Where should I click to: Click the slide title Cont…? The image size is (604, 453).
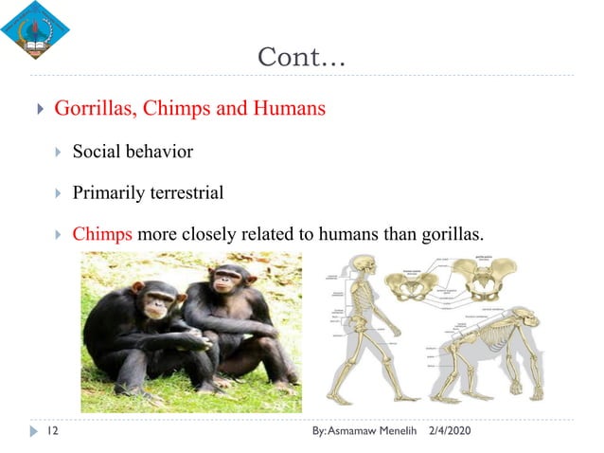pyautogui.click(x=302, y=57)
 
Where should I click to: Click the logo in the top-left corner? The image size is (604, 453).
pyautogui.click(x=35, y=29)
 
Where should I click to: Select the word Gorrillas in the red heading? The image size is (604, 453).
pyautogui.click(x=95, y=108)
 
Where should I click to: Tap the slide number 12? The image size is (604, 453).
pyautogui.click(x=54, y=432)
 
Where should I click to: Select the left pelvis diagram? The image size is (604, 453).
pyautogui.click(x=410, y=283)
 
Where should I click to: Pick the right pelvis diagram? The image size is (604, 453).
pyautogui.click(x=486, y=279)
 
